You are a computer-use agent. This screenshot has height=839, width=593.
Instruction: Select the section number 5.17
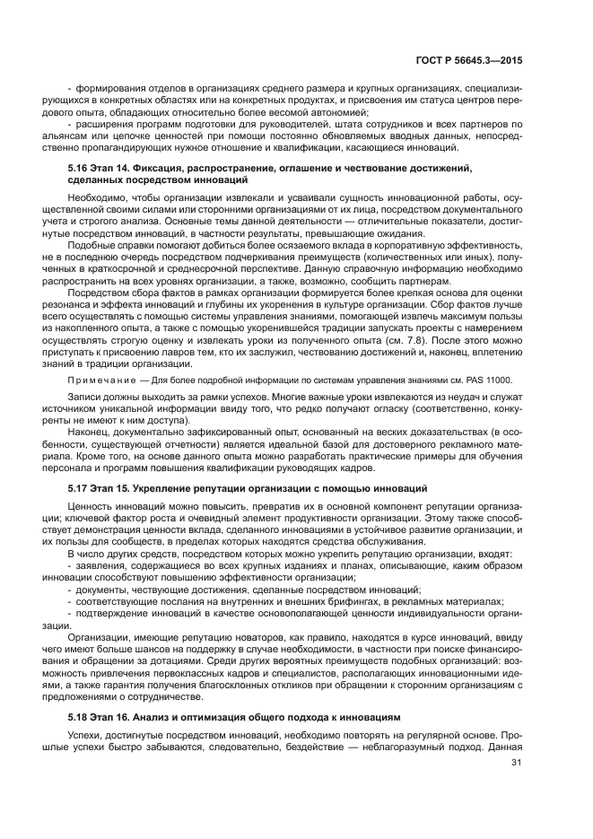tap(78, 487)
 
